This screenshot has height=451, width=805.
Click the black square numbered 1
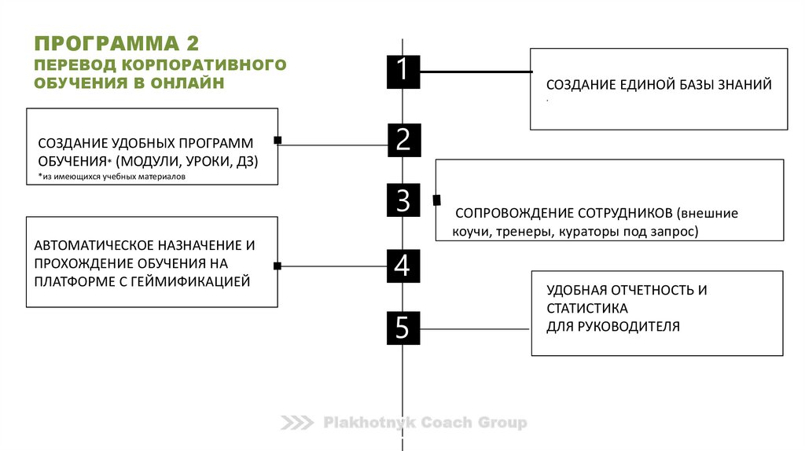pos(402,71)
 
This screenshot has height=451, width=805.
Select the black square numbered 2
pos(403,140)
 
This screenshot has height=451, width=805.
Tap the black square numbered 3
pos(403,200)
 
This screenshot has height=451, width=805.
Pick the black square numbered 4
pos(402,266)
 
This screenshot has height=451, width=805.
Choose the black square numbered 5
pos(402,328)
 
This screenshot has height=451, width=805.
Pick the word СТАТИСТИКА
pos(587,308)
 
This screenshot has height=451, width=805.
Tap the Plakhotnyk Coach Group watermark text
pos(425,423)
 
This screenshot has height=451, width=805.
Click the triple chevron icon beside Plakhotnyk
pos(298,423)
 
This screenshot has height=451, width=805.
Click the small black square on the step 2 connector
pos(278,141)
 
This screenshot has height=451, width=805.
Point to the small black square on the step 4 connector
pos(278,266)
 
